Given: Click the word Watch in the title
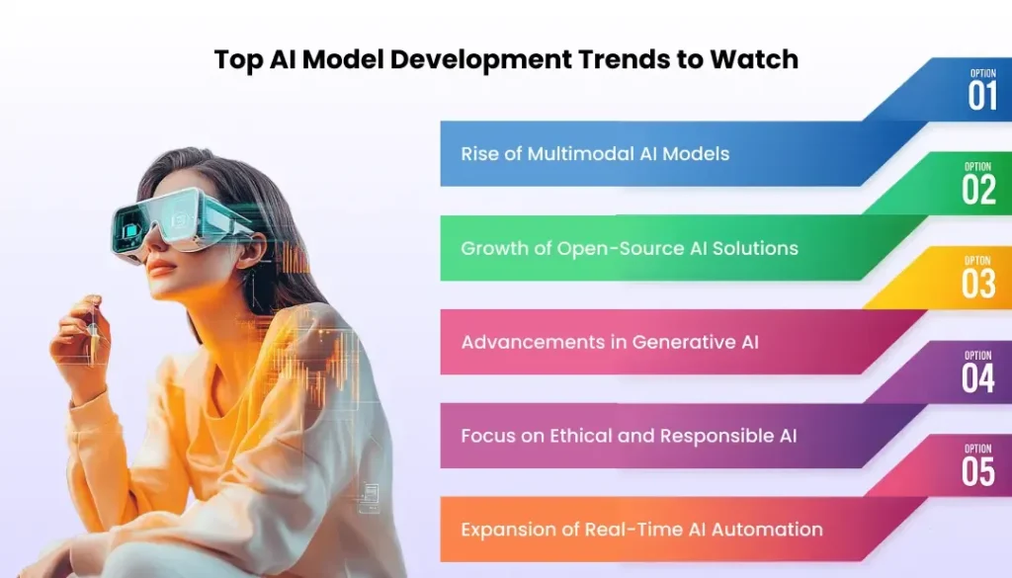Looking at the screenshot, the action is (754, 59).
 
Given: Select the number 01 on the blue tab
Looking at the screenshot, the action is (982, 96).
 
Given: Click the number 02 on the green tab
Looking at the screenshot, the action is (978, 190).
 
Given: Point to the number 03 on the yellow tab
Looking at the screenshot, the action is (978, 284).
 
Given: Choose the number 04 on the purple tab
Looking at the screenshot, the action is (978, 378).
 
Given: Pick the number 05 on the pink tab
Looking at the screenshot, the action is (978, 471).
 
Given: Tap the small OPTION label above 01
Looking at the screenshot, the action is (983, 73).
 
